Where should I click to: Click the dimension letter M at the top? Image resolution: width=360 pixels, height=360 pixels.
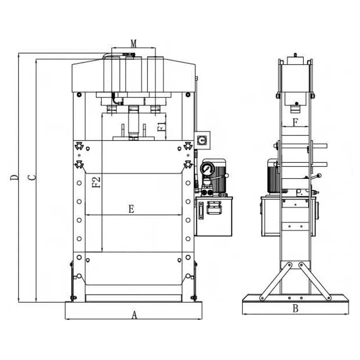tap(134, 43)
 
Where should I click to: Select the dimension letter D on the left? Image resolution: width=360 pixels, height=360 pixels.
tap(14, 177)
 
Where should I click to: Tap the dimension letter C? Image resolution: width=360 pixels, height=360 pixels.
tap(31, 177)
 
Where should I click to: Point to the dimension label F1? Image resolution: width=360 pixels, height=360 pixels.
tap(162, 126)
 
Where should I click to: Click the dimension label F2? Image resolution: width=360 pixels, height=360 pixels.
tap(96, 182)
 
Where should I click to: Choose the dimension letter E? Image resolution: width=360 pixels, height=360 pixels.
tap(131, 209)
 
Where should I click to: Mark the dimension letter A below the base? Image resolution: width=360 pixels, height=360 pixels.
tap(134, 315)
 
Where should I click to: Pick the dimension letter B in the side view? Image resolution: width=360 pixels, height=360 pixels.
tap(296, 308)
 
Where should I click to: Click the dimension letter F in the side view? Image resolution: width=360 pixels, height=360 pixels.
tap(295, 122)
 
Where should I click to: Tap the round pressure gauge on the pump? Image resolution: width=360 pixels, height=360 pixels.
tap(207, 169)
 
